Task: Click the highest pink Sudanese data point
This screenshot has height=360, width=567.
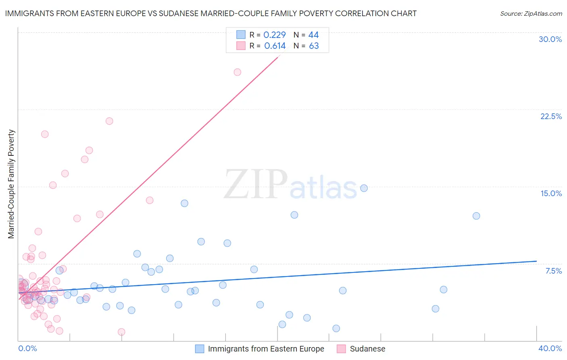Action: pos(238,72)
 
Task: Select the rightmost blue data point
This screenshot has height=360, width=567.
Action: pos(476,216)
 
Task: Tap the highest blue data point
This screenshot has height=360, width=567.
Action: pos(364,188)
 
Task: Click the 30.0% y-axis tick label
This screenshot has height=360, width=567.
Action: pos(550,39)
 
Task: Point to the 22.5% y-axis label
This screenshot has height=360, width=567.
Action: pos(551,116)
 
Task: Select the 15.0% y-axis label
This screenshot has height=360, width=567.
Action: pos(551,193)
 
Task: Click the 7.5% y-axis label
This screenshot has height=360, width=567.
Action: pos(553,271)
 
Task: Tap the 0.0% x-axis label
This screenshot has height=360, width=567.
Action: pos(27,348)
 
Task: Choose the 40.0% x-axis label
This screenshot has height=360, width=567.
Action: pos(550,348)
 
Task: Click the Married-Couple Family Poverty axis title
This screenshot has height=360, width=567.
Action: pos(11,184)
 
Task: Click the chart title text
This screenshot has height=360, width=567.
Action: pos(211,13)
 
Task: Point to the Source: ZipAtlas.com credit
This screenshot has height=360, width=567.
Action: pos(531,13)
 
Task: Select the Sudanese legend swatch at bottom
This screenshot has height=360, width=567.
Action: pos(341,349)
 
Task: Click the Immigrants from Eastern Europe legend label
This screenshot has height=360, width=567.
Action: pos(266,349)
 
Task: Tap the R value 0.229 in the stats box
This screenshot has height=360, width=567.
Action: pos(274,35)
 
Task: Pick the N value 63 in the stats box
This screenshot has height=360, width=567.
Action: pos(314,46)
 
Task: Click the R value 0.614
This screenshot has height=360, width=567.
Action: pos(275,46)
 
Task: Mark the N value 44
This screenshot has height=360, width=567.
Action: pos(313,35)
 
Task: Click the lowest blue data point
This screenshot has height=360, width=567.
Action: pos(336,329)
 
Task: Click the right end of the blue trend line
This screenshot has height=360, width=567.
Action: pos(536,261)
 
